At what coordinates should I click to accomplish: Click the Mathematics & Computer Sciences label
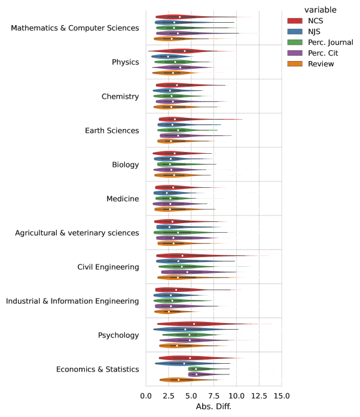[75, 28]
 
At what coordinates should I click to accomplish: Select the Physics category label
[126, 62]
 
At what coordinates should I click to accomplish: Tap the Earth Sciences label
[112, 130]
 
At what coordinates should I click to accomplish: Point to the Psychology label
[118, 335]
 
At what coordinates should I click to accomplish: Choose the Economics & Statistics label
[97, 369]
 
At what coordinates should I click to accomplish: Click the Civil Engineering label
[108, 267]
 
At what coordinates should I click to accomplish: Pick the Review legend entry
[321, 63]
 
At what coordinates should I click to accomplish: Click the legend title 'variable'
[320, 10]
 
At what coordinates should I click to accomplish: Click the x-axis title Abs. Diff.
[213, 406]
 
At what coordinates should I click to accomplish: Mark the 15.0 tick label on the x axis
[282, 395]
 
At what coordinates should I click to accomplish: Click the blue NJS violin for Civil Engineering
[179, 261]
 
